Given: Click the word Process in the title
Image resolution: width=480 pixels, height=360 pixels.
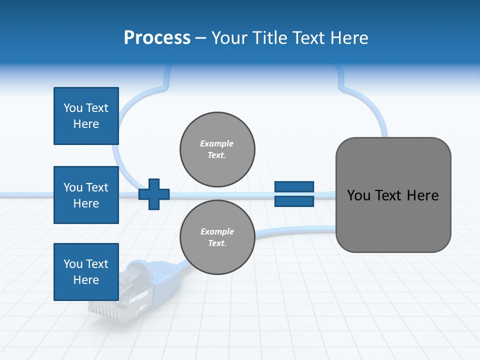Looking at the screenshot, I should pos(157,37).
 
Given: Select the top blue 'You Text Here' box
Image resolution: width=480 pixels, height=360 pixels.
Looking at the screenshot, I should pos(86,116).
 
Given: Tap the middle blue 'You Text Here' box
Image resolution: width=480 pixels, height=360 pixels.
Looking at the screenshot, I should pos(86,195).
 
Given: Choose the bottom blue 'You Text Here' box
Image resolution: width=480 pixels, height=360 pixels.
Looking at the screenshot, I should pos(86,272).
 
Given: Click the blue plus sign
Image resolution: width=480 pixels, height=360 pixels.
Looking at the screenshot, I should pos(154,194).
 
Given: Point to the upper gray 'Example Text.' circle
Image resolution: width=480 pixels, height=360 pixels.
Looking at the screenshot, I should pos(217,149).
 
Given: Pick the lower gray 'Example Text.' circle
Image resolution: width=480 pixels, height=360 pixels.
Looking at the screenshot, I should pos(217,237).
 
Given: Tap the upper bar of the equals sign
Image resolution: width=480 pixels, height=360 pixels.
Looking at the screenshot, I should pos(294,186).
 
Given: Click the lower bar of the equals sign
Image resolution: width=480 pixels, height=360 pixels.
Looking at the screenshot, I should pos(294,201).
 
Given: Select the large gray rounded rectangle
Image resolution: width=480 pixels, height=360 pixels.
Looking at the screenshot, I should pos(393,220).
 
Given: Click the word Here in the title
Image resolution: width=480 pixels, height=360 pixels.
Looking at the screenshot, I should pos(349,37).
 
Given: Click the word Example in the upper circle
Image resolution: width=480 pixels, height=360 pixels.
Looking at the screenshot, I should pos(217,143).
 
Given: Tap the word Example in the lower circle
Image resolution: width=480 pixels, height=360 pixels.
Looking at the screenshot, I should pos(217,231).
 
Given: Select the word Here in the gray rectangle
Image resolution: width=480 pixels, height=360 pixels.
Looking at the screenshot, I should pos(423,195).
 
